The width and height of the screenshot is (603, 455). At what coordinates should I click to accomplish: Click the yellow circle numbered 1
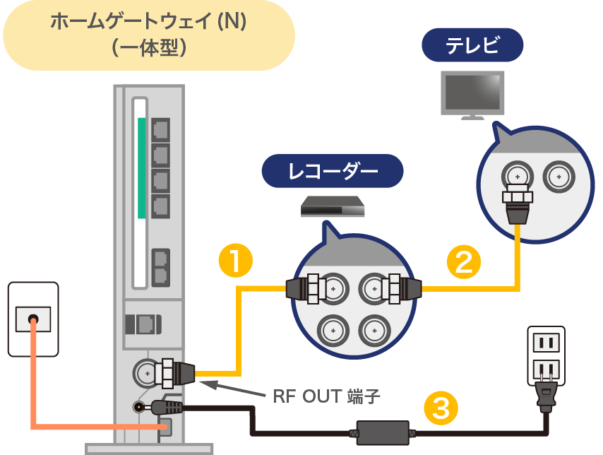(x=236, y=261)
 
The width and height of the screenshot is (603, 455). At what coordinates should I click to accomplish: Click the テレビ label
(x=472, y=47)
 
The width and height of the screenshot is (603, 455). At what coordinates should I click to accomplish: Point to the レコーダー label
(x=333, y=171)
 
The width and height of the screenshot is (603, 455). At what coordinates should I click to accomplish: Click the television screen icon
(x=472, y=92)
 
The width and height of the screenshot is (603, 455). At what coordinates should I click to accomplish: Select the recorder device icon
(x=333, y=207)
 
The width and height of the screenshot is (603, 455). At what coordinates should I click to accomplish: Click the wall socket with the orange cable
(x=32, y=319)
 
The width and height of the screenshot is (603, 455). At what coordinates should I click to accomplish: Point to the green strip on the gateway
(x=141, y=168)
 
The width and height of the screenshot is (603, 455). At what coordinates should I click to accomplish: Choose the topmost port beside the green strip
(x=160, y=129)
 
